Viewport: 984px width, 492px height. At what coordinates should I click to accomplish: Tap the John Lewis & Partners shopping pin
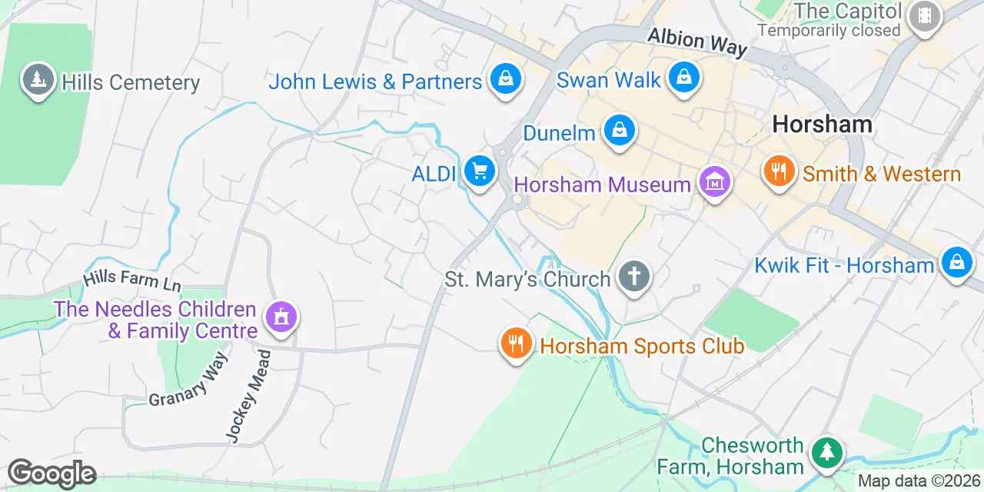click(506, 79)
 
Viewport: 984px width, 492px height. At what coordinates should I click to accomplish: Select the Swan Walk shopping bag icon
click(682, 78)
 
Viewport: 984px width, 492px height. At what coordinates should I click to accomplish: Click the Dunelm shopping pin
click(619, 131)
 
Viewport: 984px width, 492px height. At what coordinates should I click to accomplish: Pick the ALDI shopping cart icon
click(480, 171)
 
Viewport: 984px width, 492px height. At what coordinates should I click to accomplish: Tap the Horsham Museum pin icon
click(715, 182)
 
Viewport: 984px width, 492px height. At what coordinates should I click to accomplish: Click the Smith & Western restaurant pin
click(780, 171)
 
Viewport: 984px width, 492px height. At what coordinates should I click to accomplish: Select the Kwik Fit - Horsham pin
click(956, 263)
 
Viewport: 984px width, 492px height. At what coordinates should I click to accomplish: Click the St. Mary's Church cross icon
click(634, 276)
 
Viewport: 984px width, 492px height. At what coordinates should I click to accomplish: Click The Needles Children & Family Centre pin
click(281, 317)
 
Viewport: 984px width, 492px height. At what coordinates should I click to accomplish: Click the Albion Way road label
click(697, 42)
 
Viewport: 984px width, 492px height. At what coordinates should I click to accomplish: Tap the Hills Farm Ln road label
click(132, 279)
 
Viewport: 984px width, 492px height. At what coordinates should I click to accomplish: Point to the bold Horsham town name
click(822, 124)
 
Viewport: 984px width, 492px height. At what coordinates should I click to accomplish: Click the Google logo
click(52, 474)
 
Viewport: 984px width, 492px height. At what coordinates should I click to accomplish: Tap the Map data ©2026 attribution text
click(919, 481)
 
